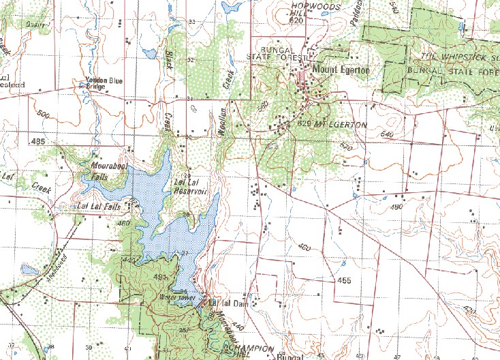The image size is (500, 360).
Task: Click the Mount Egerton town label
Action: click(x=340, y=70)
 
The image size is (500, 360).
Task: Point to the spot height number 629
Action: click(x=304, y=125)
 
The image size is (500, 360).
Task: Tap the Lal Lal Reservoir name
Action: click(x=190, y=187)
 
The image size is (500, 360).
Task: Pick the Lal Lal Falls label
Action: click(x=99, y=205)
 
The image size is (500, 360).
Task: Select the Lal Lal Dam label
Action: click(x=229, y=303)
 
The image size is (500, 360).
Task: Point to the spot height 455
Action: click(x=343, y=280)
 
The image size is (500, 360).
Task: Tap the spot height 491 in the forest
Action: click(x=161, y=277)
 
